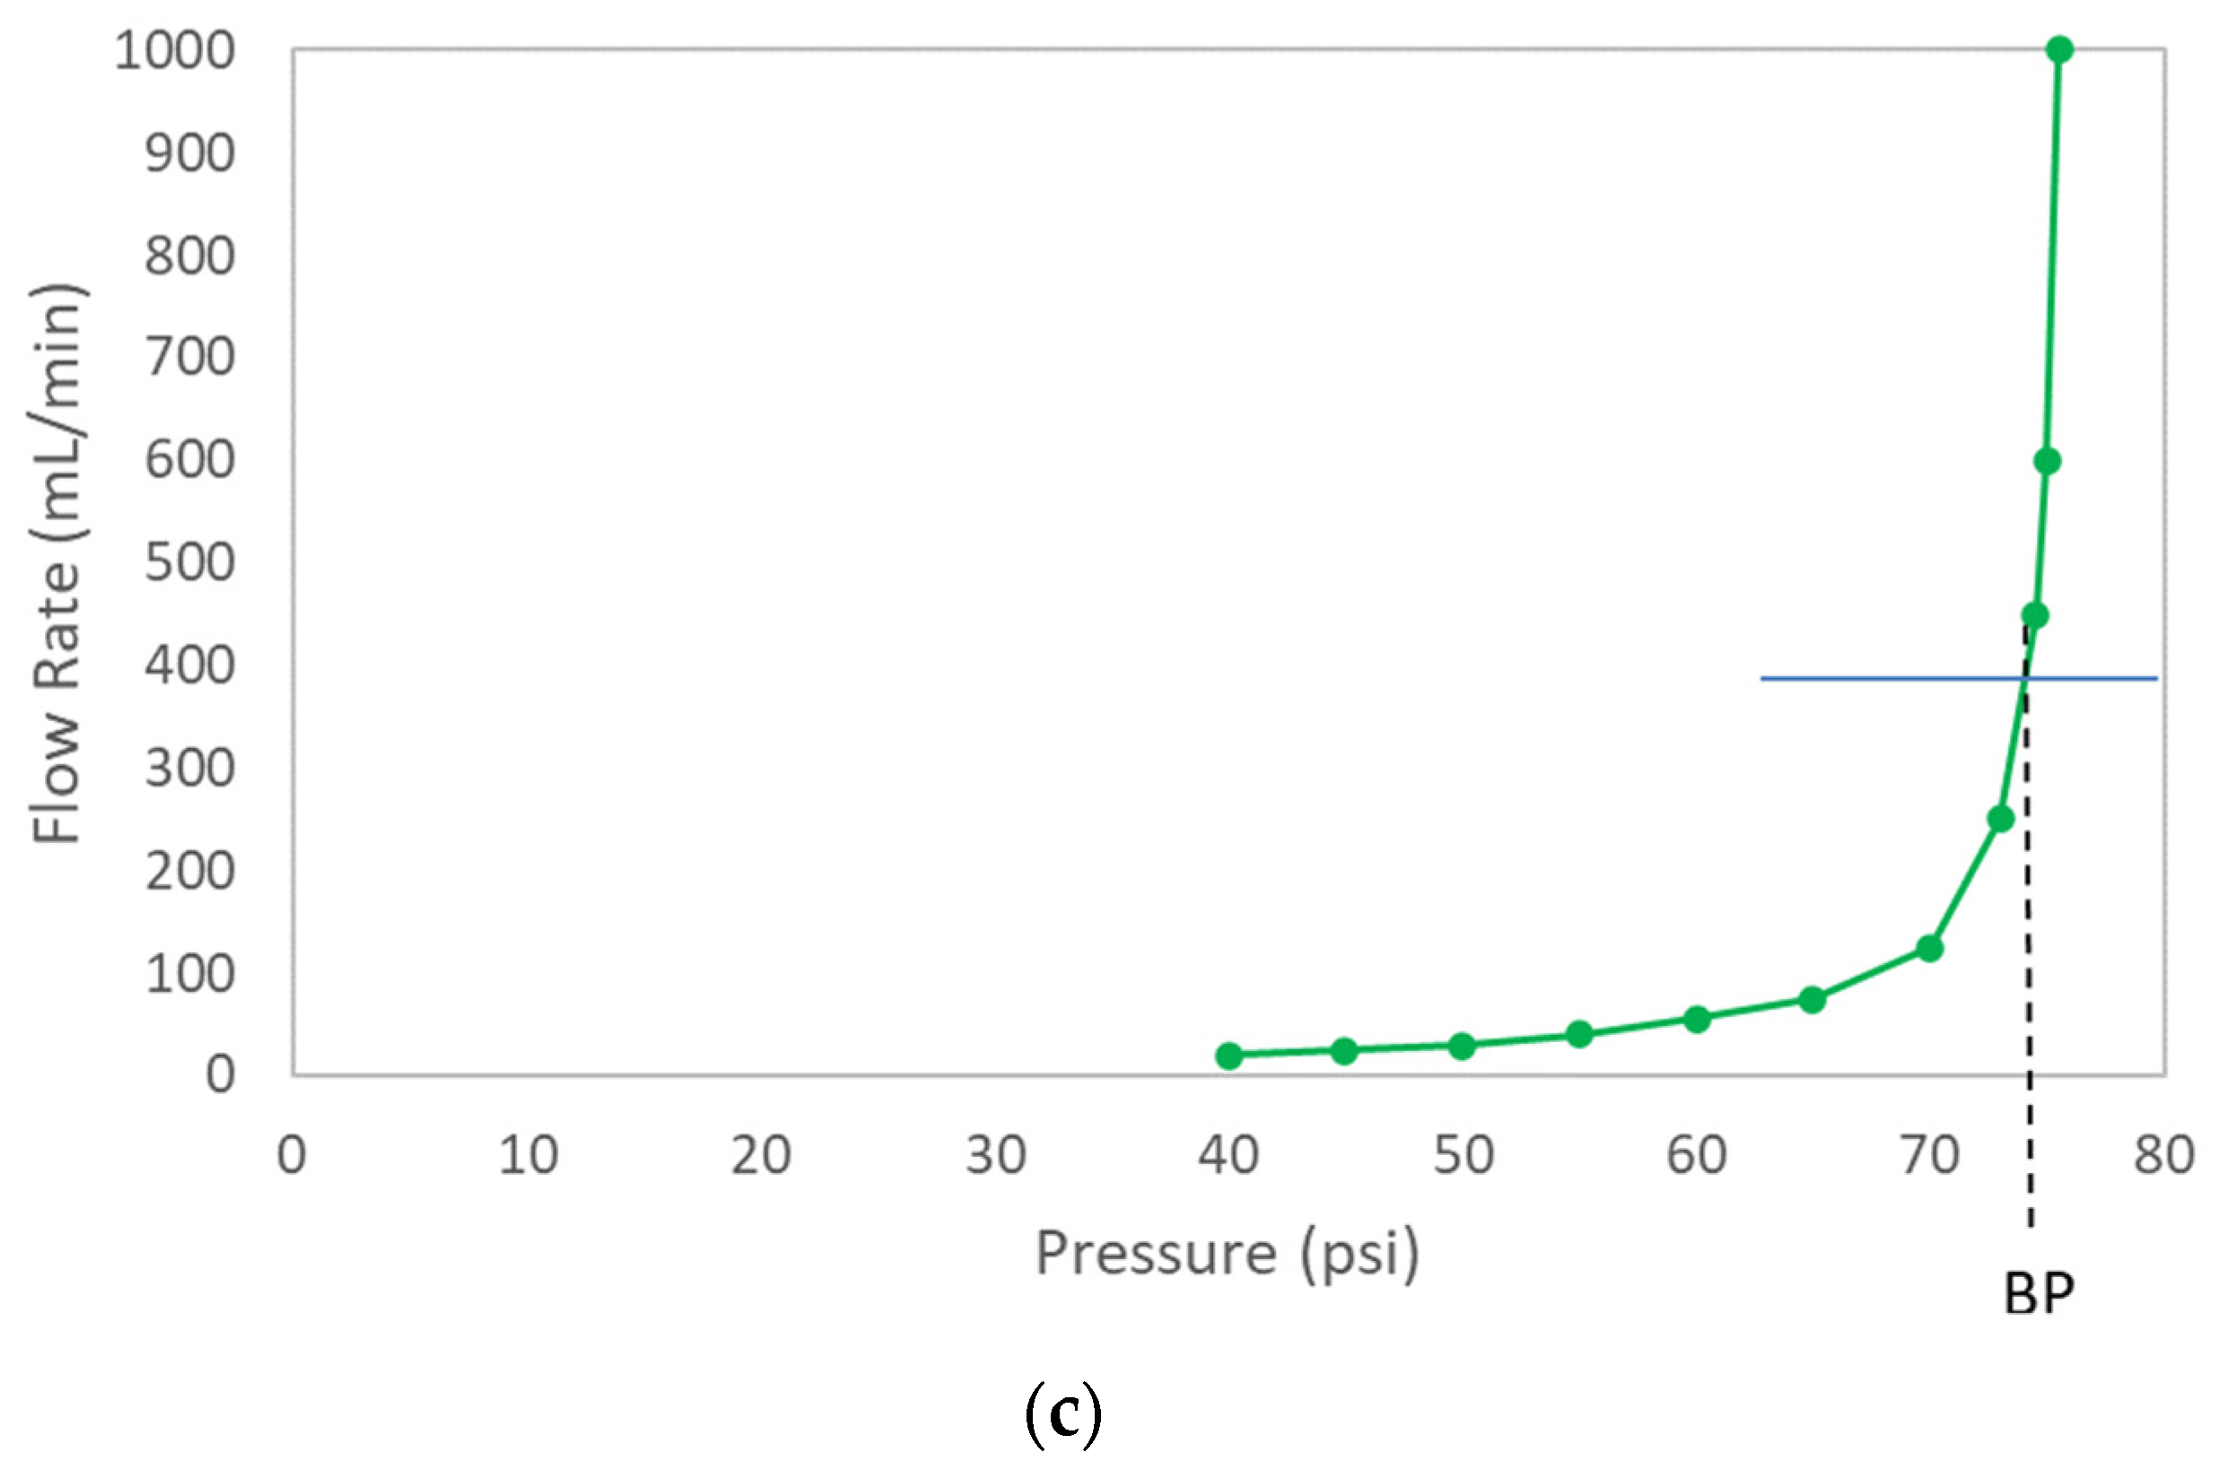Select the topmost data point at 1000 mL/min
pyautogui.click(x=2059, y=50)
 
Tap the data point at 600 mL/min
pyautogui.click(x=2047, y=461)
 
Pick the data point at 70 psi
pyautogui.click(x=1929, y=948)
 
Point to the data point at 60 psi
pyautogui.click(x=1697, y=1019)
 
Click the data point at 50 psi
pyautogui.click(x=1462, y=1047)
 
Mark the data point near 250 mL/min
pyautogui.click(x=2000, y=819)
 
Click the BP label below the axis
pyautogui.click(x=2038, y=1294)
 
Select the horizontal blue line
pyautogui.click(x=1886, y=679)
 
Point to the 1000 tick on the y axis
pyautogui.click(x=174, y=51)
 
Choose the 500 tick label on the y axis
pyautogui.click(x=188, y=564)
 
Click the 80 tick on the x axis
pyautogui.click(x=2163, y=1156)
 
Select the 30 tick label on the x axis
pyautogui.click(x=995, y=1156)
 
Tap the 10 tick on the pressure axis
pyautogui.click(x=529, y=1156)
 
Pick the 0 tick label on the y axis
pyautogui.click(x=220, y=1075)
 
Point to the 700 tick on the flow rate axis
pyautogui.click(x=188, y=358)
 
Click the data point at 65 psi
pyautogui.click(x=1812, y=1000)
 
